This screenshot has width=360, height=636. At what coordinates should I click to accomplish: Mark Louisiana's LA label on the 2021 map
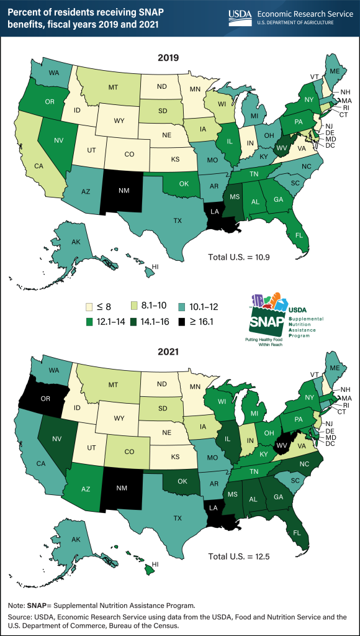(x=214, y=508)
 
